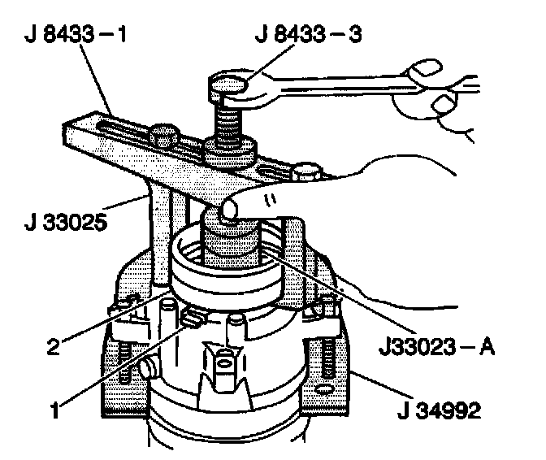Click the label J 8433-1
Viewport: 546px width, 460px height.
tap(76, 35)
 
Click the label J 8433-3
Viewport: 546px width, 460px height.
tap(309, 34)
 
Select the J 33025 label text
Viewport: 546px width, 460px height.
tap(66, 222)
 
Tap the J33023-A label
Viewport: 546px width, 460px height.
tap(436, 347)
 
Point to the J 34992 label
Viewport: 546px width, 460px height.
tap(439, 410)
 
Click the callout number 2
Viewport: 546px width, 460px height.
tap(54, 346)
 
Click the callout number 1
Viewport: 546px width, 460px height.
tap(55, 410)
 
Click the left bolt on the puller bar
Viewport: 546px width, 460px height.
tap(162, 136)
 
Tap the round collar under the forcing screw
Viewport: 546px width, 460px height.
tap(231, 151)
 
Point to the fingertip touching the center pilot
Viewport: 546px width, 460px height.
tap(228, 210)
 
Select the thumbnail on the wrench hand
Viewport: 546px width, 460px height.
tap(444, 104)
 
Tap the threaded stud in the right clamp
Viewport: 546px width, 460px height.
tap(327, 358)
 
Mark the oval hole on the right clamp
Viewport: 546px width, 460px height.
tap(324, 389)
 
